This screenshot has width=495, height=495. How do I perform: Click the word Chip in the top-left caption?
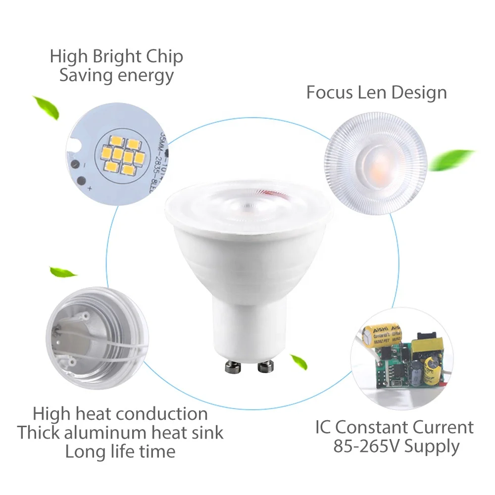point(164,57)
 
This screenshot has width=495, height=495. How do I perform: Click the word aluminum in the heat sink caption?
point(106,432)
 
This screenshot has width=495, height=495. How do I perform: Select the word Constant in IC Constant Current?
point(378,427)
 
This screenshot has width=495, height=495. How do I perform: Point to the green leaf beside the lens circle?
point(451,159)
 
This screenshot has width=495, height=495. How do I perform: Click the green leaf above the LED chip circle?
point(46,107)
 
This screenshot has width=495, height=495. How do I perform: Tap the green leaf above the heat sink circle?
point(63,272)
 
